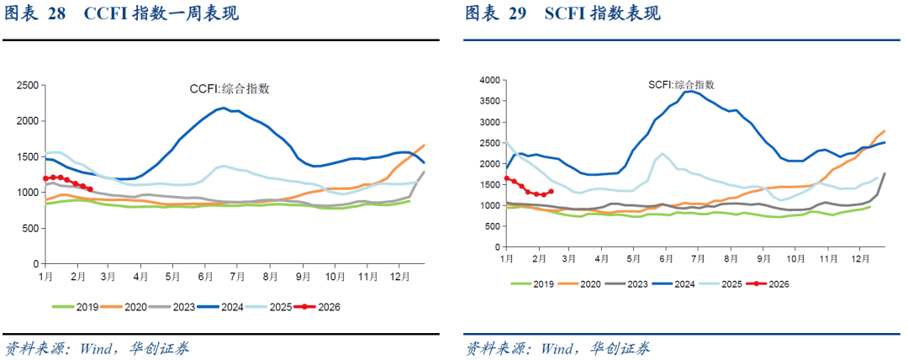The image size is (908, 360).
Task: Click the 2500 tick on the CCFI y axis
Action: tap(28, 86)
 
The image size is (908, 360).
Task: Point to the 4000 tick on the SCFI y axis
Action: tap(489, 81)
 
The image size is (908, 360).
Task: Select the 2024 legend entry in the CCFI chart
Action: tap(227, 307)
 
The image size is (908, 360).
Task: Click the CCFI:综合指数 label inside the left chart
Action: tap(229, 88)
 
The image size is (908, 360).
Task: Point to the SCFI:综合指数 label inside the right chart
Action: tap(681, 85)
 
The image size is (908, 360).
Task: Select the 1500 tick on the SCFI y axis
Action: tap(489, 184)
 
